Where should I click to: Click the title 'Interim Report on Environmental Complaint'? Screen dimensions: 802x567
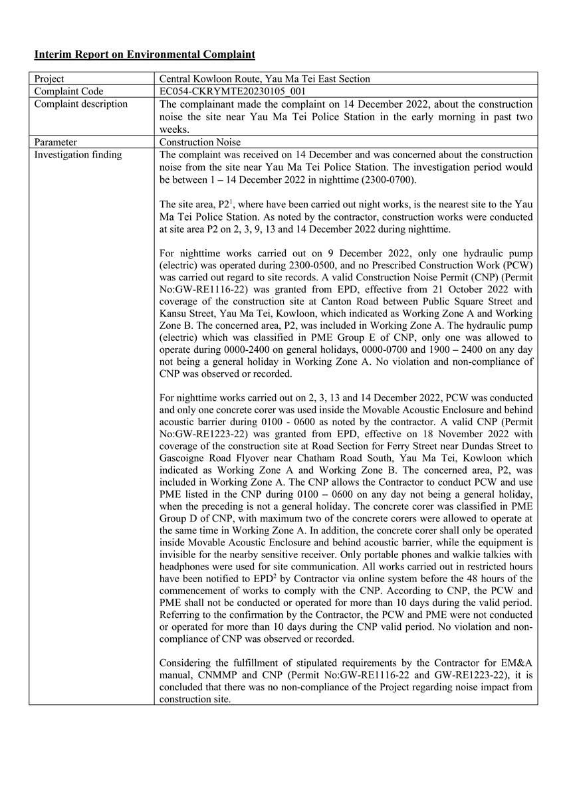pos(144,54)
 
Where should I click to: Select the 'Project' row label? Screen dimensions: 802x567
pos(49,78)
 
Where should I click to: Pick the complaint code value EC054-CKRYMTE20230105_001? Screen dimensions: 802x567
pos(233,91)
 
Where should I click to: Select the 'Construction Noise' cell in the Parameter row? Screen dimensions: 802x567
pos(200,142)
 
